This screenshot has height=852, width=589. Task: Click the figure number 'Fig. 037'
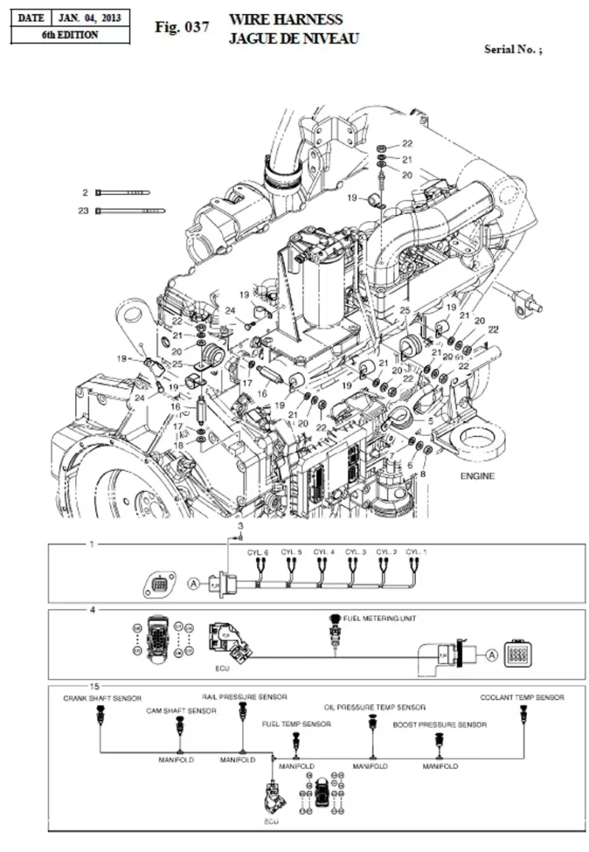tap(182, 27)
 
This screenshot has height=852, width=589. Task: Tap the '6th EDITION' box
tap(70, 35)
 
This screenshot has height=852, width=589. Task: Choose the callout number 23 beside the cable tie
tap(83, 211)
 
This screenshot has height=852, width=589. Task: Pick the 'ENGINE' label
tap(478, 476)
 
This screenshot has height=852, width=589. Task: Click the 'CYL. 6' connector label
tap(258, 552)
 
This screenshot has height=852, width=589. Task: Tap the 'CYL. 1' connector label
tap(417, 552)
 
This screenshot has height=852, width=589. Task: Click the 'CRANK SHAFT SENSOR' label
tap(102, 697)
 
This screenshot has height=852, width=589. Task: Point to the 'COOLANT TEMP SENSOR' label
tap(523, 697)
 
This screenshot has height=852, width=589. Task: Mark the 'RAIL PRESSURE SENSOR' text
tap(244, 696)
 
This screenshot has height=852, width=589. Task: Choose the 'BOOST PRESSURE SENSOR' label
tap(440, 725)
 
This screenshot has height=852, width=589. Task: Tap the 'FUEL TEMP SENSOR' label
tap(296, 724)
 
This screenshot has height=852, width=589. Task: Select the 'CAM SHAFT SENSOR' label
tap(181, 711)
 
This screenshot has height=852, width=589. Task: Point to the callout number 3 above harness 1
tap(239, 527)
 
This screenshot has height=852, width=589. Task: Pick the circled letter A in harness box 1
tap(194, 583)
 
